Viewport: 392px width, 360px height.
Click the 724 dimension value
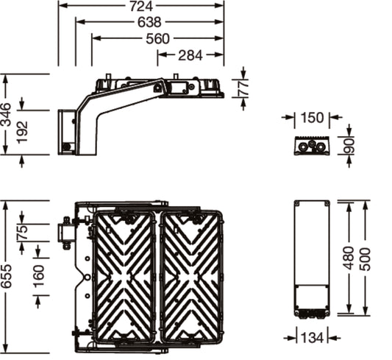[x=141, y=6]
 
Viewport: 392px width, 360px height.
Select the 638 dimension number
[x=149, y=22]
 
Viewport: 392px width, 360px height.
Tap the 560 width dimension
[x=157, y=39]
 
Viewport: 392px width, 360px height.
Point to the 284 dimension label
[x=190, y=55]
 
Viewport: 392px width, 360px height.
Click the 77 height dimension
[x=243, y=88]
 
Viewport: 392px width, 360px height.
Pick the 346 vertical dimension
[x=5, y=114]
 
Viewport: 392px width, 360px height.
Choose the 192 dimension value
[x=22, y=132]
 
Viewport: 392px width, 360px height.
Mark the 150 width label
[x=312, y=118]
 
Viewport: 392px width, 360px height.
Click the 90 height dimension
[x=349, y=146]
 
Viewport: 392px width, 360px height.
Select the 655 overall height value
[x=5, y=276]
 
